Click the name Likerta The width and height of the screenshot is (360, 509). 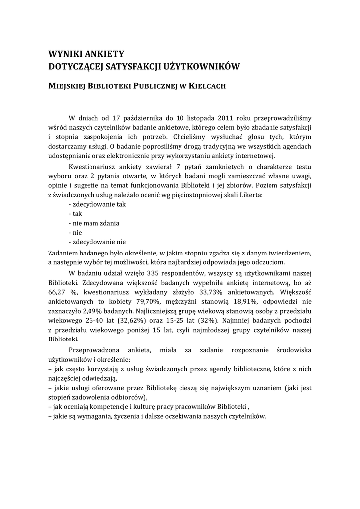click(251, 195)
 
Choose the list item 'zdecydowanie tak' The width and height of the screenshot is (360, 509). click(97, 204)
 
